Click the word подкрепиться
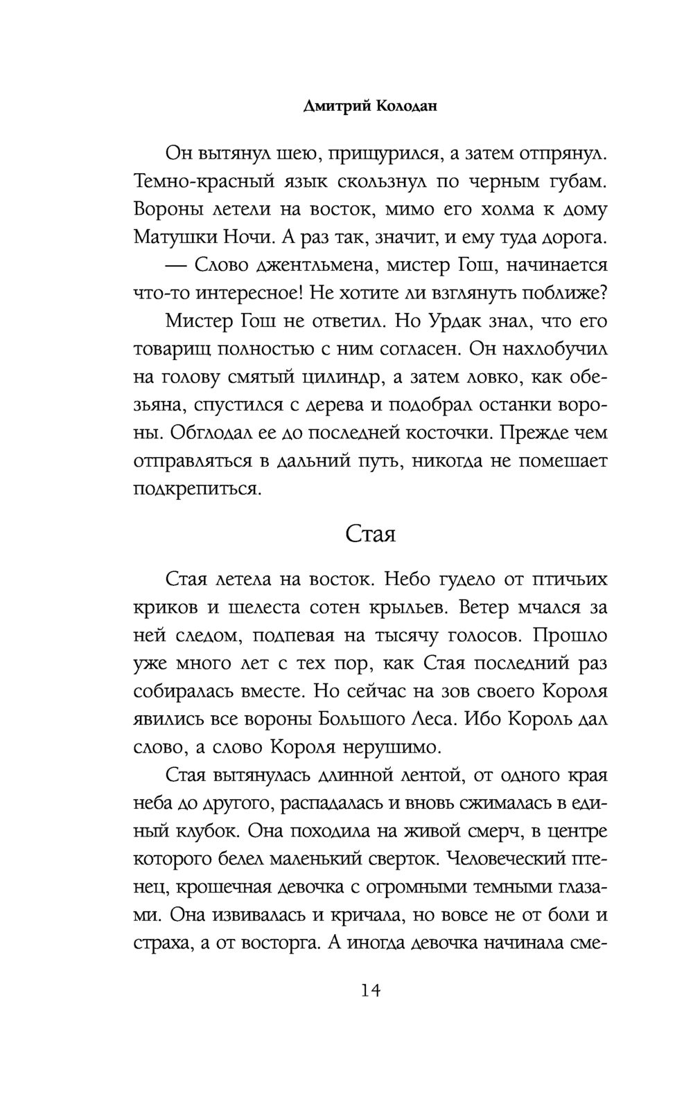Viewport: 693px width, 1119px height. coord(198,490)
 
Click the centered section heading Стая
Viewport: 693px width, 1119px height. coord(370,535)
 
